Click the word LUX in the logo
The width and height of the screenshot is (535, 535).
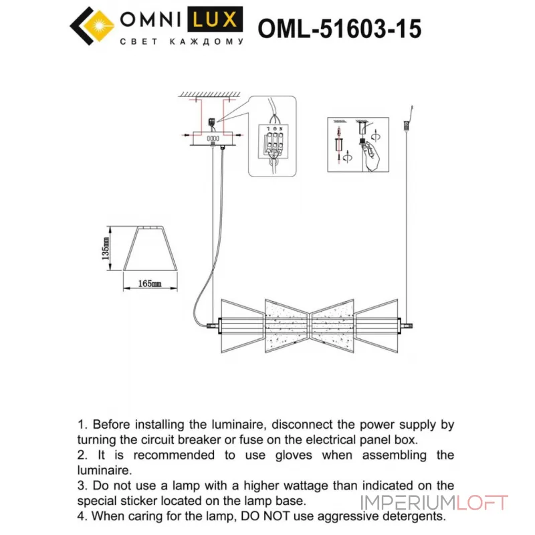pos(215,19)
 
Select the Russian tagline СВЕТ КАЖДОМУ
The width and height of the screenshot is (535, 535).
pos(181,42)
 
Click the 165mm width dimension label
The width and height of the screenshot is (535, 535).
pos(151,284)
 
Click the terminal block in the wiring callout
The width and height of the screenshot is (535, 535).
pos(272,143)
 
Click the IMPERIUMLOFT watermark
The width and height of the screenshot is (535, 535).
pos(435,503)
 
